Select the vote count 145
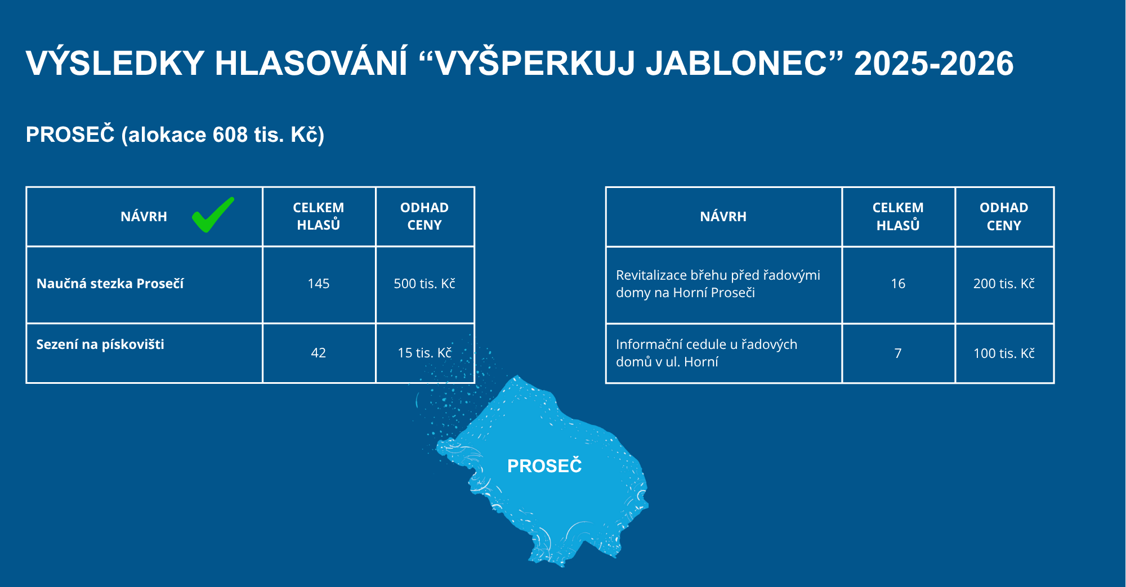click(319, 284)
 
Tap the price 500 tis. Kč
click(425, 284)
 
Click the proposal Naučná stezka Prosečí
click(110, 284)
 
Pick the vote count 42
click(319, 353)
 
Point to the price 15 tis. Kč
click(425, 353)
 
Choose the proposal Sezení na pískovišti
click(100, 344)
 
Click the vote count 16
click(898, 284)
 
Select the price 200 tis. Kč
click(1004, 284)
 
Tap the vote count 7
click(898, 353)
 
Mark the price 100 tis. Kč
click(1004, 353)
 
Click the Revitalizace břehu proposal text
click(718, 284)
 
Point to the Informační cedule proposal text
click(707, 353)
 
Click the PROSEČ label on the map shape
click(544, 466)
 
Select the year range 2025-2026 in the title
click(934, 63)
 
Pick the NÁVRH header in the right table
click(723, 217)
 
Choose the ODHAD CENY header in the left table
click(425, 216)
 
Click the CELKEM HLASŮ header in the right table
click(898, 217)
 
